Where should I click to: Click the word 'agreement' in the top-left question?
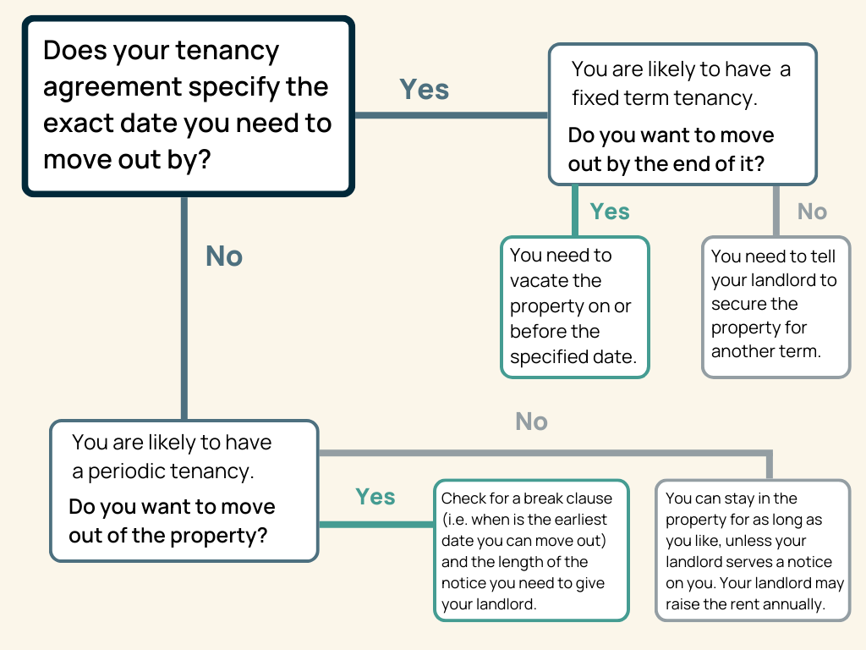[112, 88]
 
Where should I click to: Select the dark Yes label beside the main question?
[425, 89]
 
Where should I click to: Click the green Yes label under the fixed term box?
[610, 211]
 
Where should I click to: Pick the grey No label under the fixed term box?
[812, 211]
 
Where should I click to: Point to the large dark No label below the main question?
[223, 256]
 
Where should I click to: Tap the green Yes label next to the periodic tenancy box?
[375, 496]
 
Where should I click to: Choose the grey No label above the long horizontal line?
[531, 421]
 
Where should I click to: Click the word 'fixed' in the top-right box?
[593, 98]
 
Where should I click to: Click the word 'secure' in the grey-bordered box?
[754, 304]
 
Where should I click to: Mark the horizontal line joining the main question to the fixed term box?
[452, 115]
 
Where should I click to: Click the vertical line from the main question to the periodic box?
[184, 307]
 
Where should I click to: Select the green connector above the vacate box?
[575, 211]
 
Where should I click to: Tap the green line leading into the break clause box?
[376, 524]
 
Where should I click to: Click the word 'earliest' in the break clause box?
[580, 520]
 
